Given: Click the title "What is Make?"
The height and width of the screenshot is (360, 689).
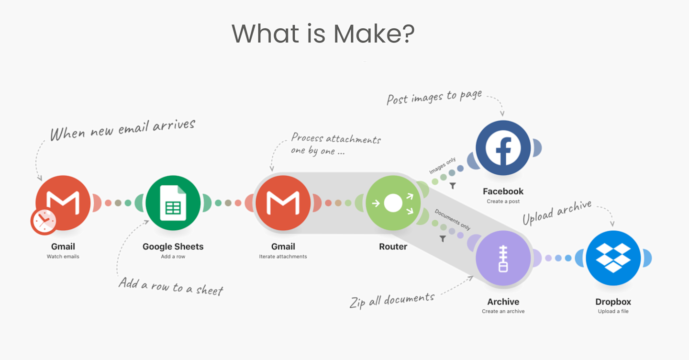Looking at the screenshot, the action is tap(323, 34).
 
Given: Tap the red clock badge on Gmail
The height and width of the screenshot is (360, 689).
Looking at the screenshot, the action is tap(44, 221).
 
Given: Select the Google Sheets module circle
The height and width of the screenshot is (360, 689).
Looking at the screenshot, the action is tap(173, 203).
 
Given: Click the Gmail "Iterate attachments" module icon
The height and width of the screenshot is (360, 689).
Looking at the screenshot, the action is tap(283, 203).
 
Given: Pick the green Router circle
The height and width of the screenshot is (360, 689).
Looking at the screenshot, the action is tap(393, 203).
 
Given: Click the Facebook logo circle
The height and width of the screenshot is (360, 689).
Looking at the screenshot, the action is tap(503, 147).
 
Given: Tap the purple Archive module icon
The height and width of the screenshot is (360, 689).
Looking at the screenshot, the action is tap(503, 258).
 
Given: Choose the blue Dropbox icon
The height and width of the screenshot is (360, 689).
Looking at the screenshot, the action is tap(613, 258).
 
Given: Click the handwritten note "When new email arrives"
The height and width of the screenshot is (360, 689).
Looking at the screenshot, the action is tap(123, 128).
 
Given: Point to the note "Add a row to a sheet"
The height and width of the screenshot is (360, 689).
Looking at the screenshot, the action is tap(171, 286).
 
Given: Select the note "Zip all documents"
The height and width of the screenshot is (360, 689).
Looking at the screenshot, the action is tap(392, 300).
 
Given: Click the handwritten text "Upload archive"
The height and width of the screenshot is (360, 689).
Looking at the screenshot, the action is tap(557, 213).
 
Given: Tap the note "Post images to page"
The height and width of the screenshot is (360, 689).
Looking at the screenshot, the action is tap(434, 97).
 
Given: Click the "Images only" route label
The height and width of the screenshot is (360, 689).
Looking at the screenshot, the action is tap(443, 165).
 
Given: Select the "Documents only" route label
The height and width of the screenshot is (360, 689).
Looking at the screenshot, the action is tap(453, 219).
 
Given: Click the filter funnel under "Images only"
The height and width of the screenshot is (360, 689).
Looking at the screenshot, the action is tap(452, 186).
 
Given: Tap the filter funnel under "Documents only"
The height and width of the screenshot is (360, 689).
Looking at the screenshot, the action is tap(443, 238).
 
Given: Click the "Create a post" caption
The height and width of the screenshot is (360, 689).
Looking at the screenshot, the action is tap(503, 202).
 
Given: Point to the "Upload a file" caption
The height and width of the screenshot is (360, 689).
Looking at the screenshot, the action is tap(613, 312).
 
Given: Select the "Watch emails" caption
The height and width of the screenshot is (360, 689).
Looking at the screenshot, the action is tap(63, 257).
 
